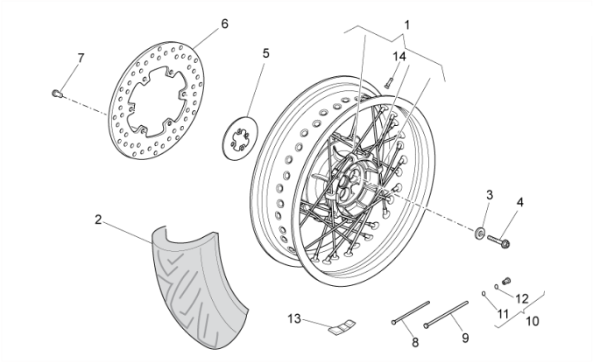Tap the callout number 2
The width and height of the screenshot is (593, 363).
pyautogui.click(x=99, y=220)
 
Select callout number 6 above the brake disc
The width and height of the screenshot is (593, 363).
pyautogui.click(x=224, y=24)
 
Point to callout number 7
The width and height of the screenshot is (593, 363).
pyautogui.click(x=81, y=58)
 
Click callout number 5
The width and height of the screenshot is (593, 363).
pyautogui.click(x=266, y=53)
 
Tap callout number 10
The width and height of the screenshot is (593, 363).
pyautogui.click(x=533, y=320)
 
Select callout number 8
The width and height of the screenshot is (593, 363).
pyautogui.click(x=415, y=341)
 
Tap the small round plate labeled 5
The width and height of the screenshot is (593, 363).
pyautogui.click(x=239, y=138)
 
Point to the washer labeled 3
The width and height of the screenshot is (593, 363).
pyautogui.click(x=481, y=233)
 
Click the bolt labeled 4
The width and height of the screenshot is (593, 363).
pyautogui.click(x=502, y=236)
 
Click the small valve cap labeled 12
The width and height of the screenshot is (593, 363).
pyautogui.click(x=505, y=282)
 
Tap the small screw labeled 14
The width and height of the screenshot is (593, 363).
pyautogui.click(x=386, y=82)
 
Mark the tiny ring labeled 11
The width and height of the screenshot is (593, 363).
pyautogui.click(x=484, y=293)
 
